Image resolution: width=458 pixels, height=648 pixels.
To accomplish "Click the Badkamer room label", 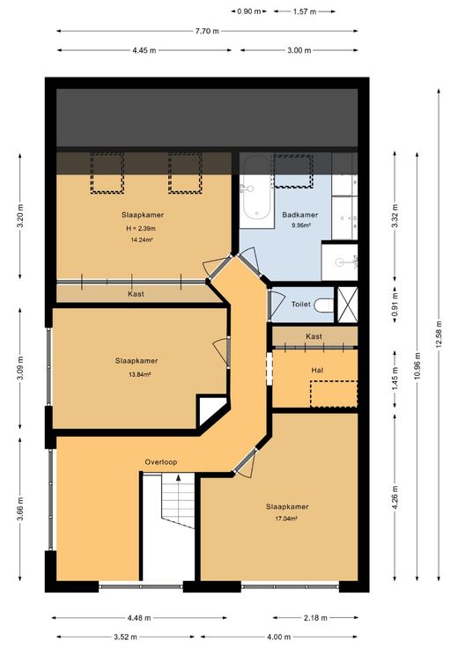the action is tap(300, 215).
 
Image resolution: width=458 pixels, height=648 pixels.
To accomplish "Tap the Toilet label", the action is tap(301, 304).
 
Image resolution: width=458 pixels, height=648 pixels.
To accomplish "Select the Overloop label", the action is tap(161, 462).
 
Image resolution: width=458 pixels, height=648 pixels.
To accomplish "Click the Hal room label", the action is tap(317, 371).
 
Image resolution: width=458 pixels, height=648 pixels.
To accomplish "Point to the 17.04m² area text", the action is tap(287, 519).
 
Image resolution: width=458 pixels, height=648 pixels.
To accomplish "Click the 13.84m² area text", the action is tap(139, 375).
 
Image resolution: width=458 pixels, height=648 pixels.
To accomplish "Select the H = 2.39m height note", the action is tap(141, 229).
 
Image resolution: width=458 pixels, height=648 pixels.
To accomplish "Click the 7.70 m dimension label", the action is tap(207, 31).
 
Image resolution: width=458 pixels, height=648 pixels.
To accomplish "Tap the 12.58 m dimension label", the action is tap(439, 334).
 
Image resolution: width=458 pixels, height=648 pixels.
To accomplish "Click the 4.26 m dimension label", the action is tap(395, 497).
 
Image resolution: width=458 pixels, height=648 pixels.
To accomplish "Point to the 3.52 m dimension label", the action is tap(126, 637).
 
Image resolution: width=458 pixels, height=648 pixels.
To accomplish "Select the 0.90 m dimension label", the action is tap(249, 11).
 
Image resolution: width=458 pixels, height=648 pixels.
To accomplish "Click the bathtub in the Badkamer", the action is tap(256, 191).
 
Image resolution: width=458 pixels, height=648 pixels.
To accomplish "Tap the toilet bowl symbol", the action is tap(324, 306).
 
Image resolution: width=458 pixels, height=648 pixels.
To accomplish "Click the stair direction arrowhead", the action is tap(178, 477).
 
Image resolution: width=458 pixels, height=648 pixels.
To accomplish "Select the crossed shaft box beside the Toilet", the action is tap(348, 305).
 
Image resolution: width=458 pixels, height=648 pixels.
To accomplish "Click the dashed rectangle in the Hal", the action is tap(334, 394).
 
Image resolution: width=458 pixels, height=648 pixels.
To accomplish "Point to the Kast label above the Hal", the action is tap(314, 336).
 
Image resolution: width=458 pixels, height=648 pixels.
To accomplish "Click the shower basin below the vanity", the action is tap(340, 262).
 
